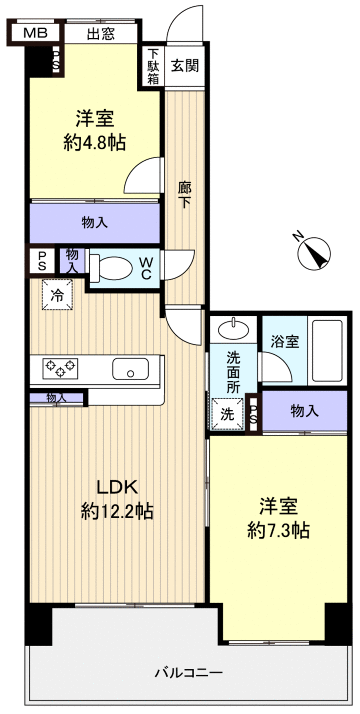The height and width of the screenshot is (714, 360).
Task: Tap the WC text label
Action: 146,267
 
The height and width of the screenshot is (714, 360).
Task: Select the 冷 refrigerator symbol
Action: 57,295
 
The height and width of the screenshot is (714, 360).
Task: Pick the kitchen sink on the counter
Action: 130,369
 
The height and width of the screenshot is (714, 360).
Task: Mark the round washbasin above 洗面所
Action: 233,329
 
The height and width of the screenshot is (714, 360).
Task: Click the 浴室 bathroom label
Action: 284,342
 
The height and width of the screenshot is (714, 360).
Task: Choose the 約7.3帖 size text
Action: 279,530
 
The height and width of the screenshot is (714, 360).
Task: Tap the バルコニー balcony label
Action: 188,671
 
